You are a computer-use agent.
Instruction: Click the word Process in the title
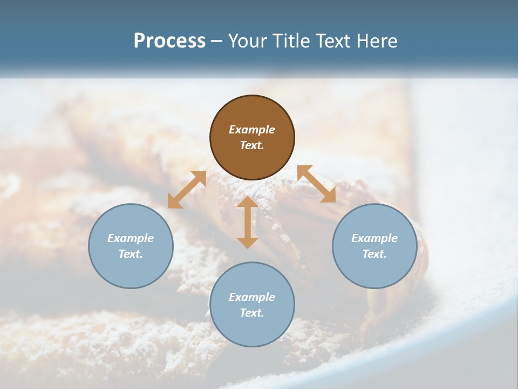(x=169, y=41)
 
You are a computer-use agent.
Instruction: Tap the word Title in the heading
(x=292, y=41)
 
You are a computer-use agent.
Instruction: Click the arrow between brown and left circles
(x=187, y=190)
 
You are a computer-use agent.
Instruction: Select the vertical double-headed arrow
(x=248, y=222)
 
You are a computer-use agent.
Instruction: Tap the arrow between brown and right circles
(x=317, y=184)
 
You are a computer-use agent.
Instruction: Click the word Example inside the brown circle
(x=252, y=130)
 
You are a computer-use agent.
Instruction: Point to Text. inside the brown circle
(x=252, y=145)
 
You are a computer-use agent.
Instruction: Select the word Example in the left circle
(x=131, y=238)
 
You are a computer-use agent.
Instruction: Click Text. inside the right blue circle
(x=374, y=254)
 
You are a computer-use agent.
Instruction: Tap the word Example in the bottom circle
(x=252, y=297)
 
